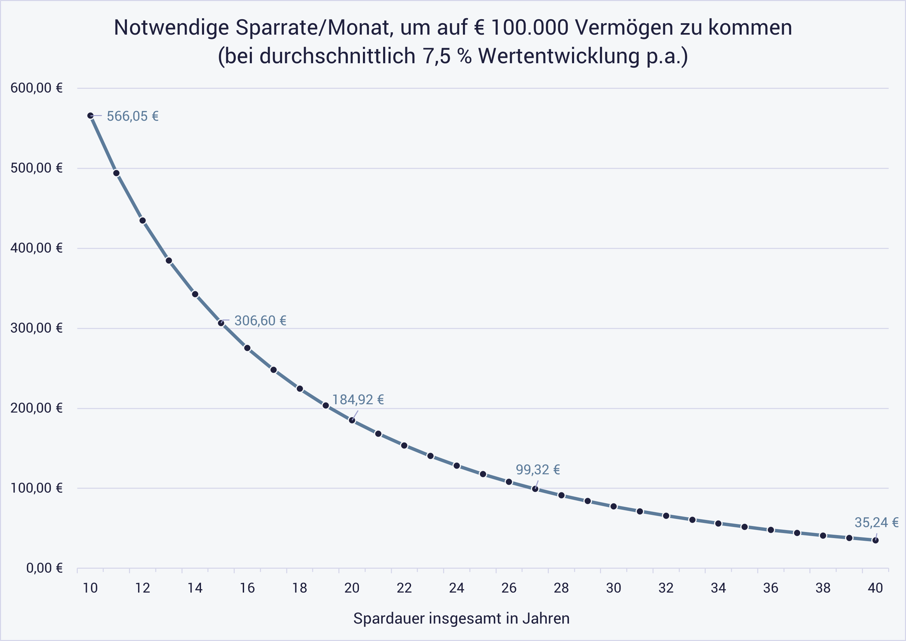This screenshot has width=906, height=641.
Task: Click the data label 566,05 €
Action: tap(133, 116)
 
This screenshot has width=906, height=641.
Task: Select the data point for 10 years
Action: tap(90, 116)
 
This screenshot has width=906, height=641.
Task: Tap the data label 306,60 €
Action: tap(260, 320)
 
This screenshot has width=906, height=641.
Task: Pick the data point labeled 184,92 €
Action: tap(351, 420)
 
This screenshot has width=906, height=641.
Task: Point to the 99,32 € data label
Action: tap(538, 470)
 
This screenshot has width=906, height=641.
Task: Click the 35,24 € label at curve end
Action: tap(876, 523)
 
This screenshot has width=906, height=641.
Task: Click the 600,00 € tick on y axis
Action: tap(36, 88)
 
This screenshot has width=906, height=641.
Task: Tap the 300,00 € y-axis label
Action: tap(36, 328)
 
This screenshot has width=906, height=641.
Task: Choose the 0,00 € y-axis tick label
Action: tap(44, 568)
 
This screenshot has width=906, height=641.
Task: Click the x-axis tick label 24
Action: tap(456, 588)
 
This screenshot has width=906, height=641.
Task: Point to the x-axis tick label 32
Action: tap(666, 588)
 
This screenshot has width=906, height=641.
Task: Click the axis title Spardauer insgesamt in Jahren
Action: tap(461, 618)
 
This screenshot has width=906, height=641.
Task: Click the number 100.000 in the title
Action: tap(530, 28)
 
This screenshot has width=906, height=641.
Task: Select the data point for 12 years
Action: tap(143, 221)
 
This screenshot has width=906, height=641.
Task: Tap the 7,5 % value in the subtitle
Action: tap(447, 56)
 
